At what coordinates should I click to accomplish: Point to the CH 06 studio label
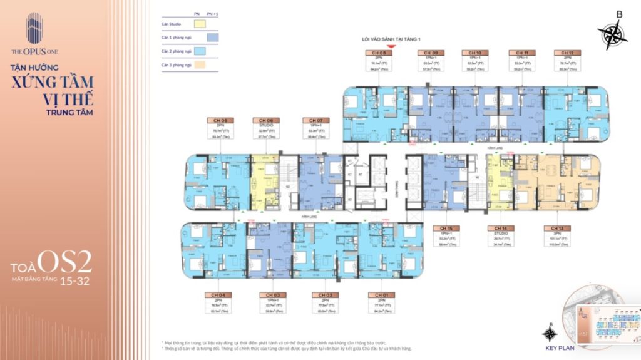[264, 120]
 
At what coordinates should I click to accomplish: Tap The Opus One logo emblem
[34, 28]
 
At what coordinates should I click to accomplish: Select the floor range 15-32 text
[74, 282]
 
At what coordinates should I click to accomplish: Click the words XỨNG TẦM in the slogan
[51, 81]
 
